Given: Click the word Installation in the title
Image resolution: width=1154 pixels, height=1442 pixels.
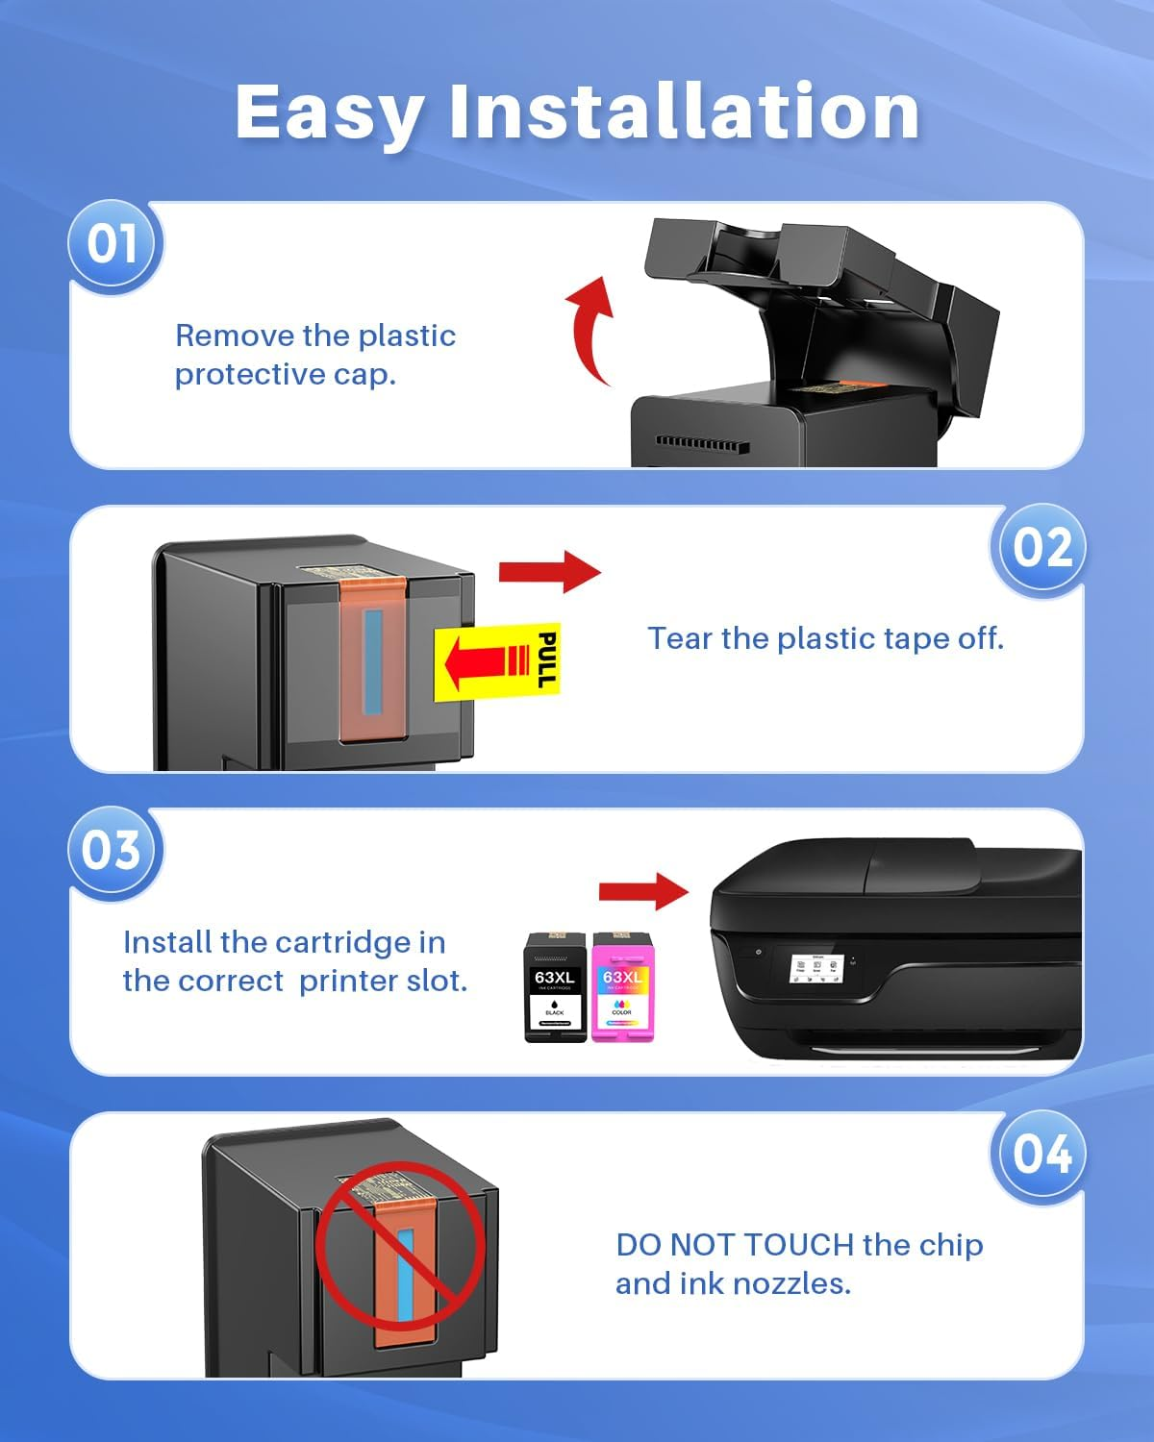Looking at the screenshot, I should coord(684,112).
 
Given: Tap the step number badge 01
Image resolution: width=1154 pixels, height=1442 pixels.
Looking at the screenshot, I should coord(113,244).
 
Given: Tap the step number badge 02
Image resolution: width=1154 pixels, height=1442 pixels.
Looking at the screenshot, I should coord(1041,548).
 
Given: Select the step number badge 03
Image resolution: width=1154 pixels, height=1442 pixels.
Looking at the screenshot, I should coord(113,851).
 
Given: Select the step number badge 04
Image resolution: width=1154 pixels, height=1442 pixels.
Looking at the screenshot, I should coord(1041,1154).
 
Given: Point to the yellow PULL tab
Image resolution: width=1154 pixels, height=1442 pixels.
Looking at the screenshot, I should coord(496,660).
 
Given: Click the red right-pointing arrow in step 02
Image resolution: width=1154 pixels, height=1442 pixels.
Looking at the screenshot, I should coord(549,572).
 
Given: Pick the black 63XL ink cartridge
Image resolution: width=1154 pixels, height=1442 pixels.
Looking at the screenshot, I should coord(555,987).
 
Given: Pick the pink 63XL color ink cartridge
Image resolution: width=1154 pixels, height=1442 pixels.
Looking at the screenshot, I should coord(622,987).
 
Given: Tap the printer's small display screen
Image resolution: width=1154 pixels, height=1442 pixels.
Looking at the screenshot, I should coord(815,968).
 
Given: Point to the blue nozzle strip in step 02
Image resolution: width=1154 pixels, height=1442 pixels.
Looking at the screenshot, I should coord(372,660).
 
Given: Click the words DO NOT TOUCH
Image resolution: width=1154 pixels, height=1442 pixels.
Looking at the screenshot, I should coord(735,1245).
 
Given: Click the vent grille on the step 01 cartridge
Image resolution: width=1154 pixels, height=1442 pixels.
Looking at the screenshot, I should coord(702,443).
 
